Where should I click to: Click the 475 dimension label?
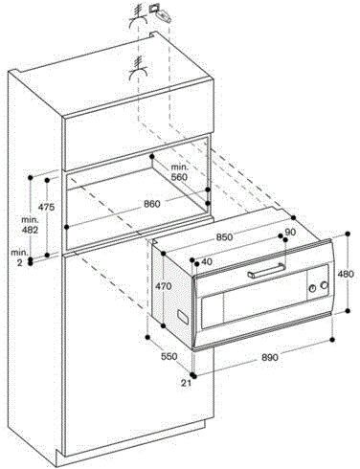tap(47, 207)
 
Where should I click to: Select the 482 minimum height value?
tap(30, 230)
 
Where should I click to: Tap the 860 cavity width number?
tap(151, 204)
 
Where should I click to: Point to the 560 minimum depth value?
tap(179, 176)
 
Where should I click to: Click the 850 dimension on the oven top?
tap(224, 237)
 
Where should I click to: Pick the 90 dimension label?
tap(290, 233)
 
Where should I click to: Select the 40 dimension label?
tap(207, 262)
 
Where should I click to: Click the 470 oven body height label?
tap(164, 286)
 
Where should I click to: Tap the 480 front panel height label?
tap(346, 274)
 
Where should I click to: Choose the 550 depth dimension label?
tap(169, 356)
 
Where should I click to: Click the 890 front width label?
tap(270, 358)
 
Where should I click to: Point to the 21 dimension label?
tap(186, 383)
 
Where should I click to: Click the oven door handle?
tap(266, 271)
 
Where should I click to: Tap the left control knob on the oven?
tap(312, 288)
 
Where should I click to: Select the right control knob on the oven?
tap(325, 285)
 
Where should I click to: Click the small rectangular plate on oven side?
tap(183, 316)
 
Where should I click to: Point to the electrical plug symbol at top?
tap(163, 14)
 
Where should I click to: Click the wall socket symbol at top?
tap(154, 8)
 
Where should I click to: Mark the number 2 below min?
tap(20, 263)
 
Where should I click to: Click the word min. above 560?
tap(180, 167)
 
